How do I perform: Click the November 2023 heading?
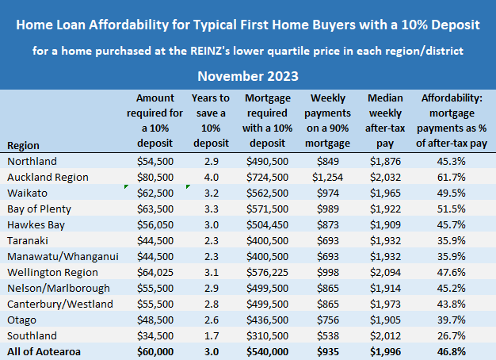tap(248, 77)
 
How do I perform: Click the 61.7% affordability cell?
tap(455, 178)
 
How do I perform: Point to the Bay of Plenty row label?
tap(39, 209)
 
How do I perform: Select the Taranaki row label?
tap(28, 240)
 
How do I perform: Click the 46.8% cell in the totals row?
tap(455, 350)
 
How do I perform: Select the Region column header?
tap(23, 146)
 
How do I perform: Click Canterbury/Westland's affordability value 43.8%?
tap(455, 303)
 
